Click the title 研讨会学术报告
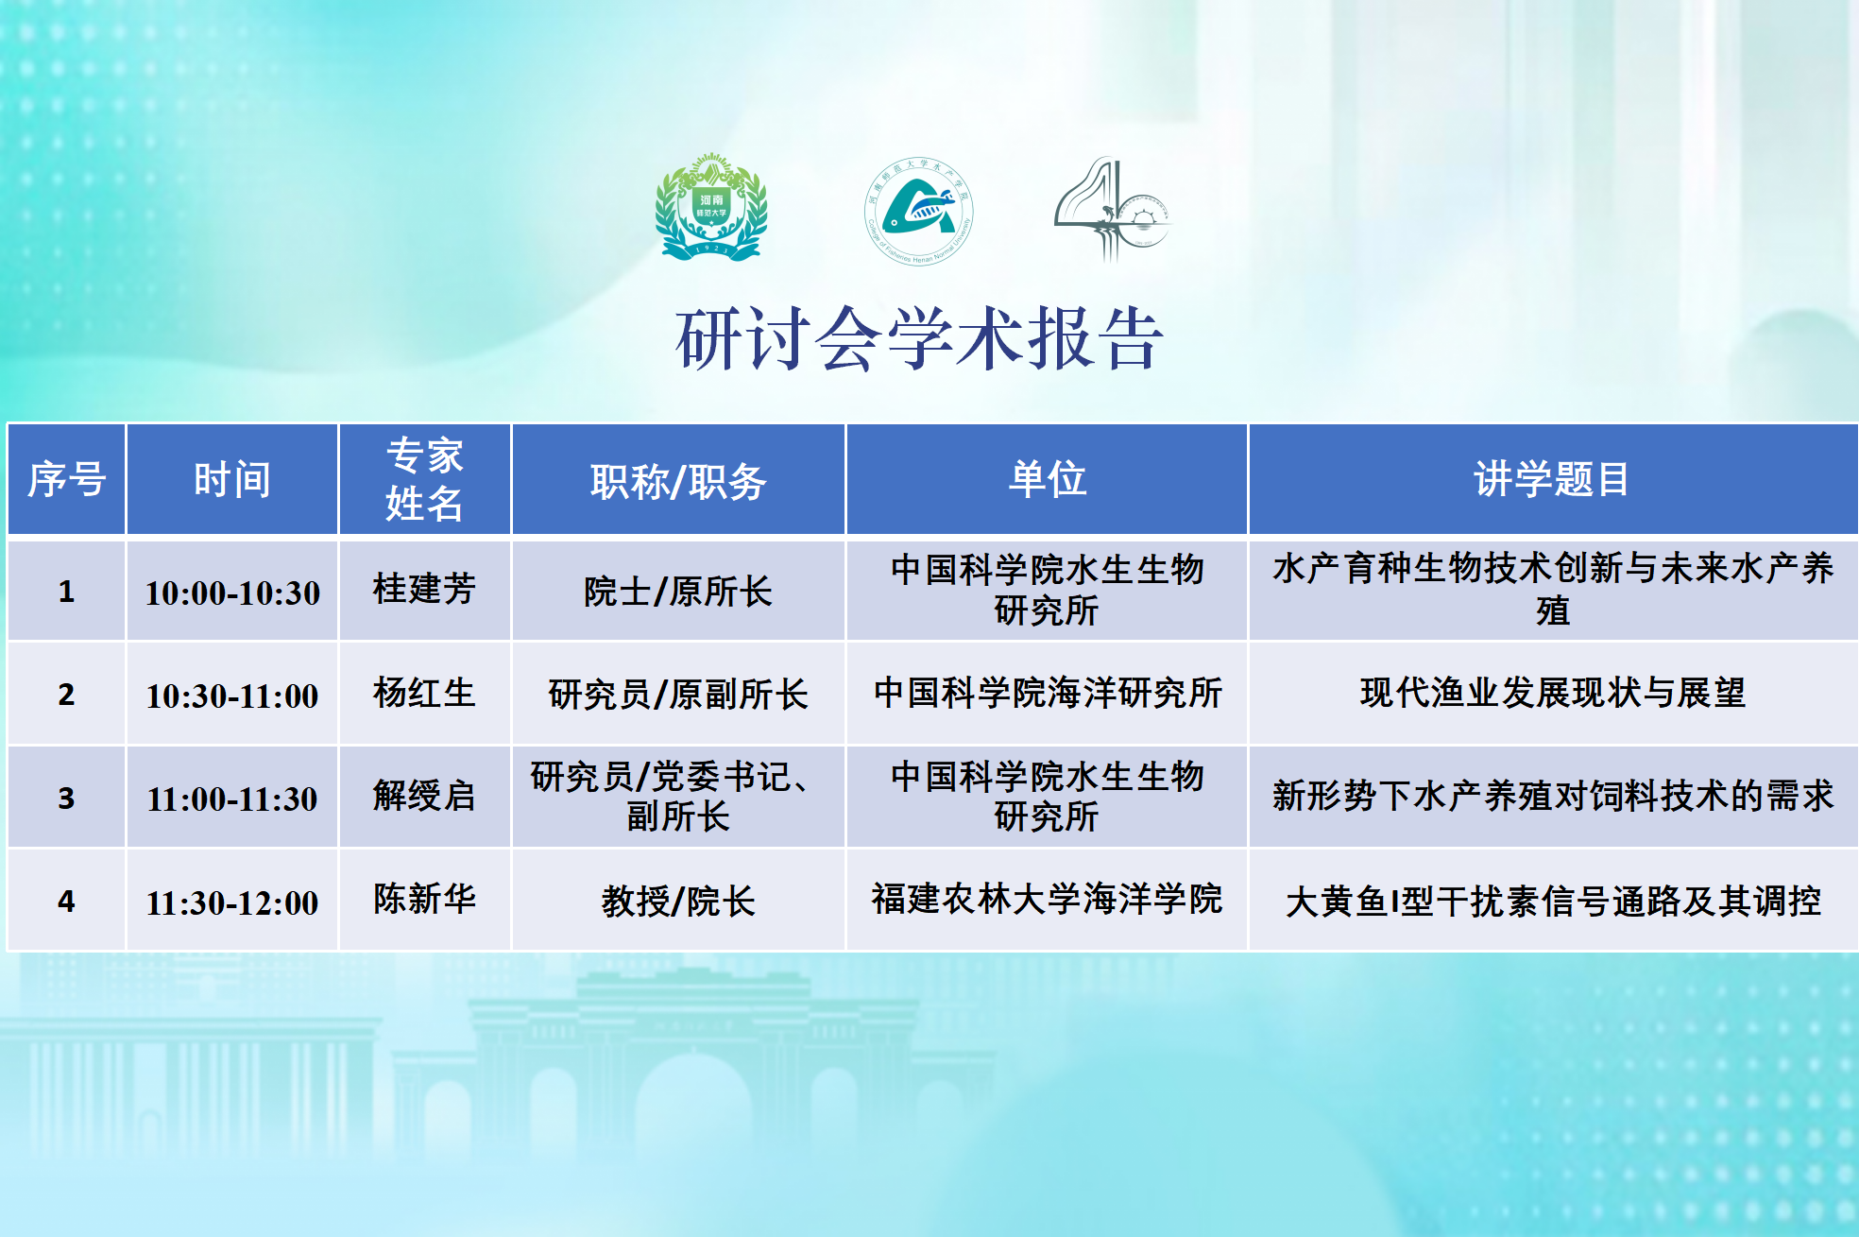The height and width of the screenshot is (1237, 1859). click(x=919, y=338)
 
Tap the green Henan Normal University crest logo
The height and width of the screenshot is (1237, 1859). click(x=711, y=208)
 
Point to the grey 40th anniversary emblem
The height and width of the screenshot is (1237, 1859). click(x=1112, y=210)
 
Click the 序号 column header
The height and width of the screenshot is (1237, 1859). click(x=66, y=479)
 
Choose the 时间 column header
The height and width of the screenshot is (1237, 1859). click(x=232, y=479)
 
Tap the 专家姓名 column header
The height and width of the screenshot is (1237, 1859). click(x=424, y=479)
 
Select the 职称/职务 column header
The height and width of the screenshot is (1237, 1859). click(x=678, y=481)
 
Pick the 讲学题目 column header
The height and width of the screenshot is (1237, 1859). click(x=1552, y=478)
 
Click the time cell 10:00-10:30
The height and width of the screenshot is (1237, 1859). click(x=232, y=593)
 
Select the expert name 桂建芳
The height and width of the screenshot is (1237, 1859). click(x=424, y=589)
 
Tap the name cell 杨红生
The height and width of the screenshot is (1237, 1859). click(x=424, y=693)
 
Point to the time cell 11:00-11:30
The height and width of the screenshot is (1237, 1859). click(x=232, y=799)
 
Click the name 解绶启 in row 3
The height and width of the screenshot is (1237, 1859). click(x=424, y=796)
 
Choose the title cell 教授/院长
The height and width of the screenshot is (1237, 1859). click(x=678, y=901)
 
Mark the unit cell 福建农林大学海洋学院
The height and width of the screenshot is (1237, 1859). click(x=1047, y=898)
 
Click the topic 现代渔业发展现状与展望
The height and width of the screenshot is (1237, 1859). click(x=1552, y=693)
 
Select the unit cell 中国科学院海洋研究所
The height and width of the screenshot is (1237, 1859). click(x=1047, y=693)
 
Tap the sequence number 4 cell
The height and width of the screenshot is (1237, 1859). click(x=66, y=901)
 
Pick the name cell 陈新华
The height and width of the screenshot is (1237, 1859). click(x=424, y=898)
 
